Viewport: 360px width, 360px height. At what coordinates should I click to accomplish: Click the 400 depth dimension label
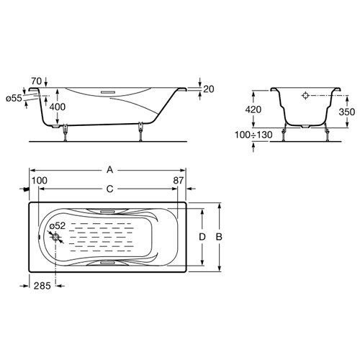pyautogui.click(x=58, y=107)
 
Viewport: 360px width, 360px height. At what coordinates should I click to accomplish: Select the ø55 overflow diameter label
pyautogui.click(x=14, y=98)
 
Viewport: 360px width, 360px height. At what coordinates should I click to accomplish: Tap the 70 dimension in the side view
pyautogui.click(x=36, y=81)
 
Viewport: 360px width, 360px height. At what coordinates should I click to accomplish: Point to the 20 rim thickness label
pyautogui.click(x=209, y=89)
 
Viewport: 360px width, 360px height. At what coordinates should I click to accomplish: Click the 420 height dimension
pyautogui.click(x=253, y=109)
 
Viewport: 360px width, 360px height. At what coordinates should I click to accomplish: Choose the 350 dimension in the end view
pyautogui.click(x=347, y=112)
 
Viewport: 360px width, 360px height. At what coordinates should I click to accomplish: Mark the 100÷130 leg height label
pyautogui.click(x=253, y=135)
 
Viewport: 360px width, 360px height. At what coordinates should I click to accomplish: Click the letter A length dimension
pyautogui.click(x=109, y=170)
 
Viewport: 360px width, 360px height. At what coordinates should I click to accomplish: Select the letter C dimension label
pyautogui.click(x=109, y=189)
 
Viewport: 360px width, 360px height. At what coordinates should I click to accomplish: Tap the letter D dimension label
pyautogui.click(x=202, y=237)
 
